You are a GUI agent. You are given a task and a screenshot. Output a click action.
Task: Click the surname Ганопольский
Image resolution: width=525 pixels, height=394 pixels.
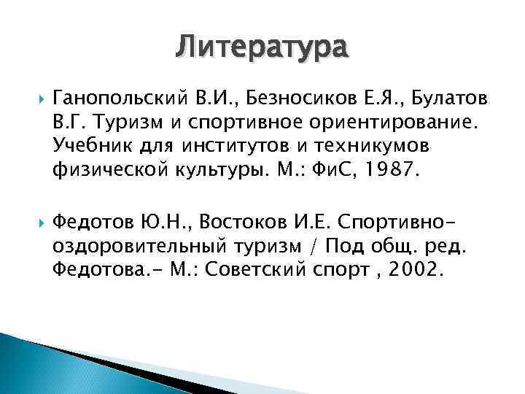108,98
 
